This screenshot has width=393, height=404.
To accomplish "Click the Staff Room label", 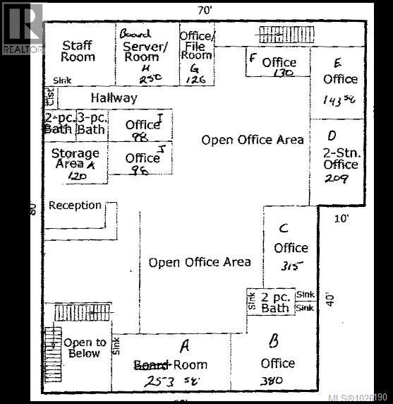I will coord(77,51).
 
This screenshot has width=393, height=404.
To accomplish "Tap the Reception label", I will coord(75,206).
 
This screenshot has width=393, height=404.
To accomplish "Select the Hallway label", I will coord(114,99).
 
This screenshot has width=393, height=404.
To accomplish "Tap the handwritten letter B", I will coord(274,341).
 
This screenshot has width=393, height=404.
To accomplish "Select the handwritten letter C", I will coord(283,228).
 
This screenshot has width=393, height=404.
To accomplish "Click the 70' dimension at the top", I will coord(205,9).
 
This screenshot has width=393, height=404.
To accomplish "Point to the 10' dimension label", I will coord(341,218).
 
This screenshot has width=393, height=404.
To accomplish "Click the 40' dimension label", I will coord(329,299).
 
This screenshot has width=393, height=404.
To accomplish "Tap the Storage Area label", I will coord(75,159).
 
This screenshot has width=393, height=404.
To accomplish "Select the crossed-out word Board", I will coord(152,364).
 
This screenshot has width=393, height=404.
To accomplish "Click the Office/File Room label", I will coord(197,44).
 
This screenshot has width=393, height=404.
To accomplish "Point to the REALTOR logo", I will coord(23,28).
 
